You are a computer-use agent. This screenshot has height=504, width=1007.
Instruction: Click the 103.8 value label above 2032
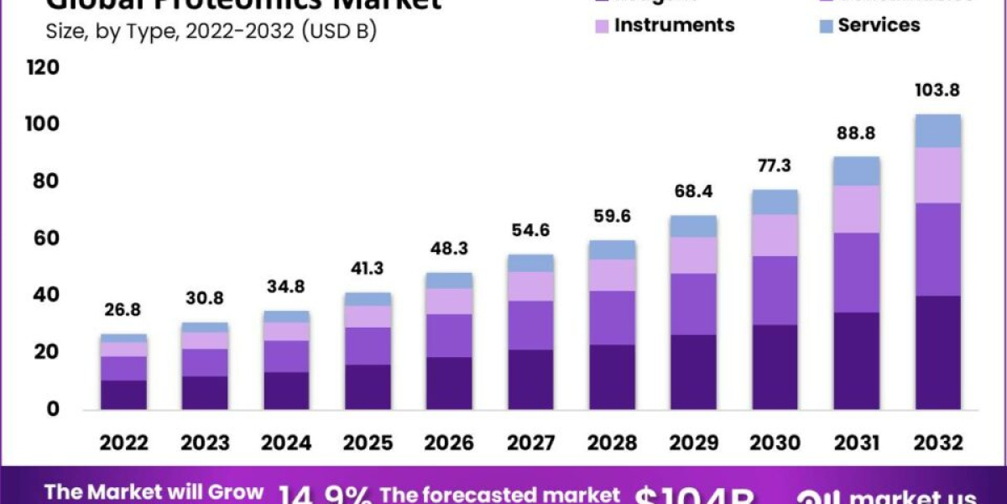pyautogui.click(x=937, y=90)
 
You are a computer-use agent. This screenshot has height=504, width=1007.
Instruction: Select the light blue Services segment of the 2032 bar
pyautogui.click(x=937, y=131)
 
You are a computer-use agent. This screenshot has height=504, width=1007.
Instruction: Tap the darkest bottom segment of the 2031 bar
pyautogui.click(x=857, y=361)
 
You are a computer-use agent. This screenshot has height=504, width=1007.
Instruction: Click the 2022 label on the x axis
pyautogui.click(x=124, y=443)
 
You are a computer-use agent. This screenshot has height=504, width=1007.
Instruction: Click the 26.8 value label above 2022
pyautogui.click(x=124, y=310)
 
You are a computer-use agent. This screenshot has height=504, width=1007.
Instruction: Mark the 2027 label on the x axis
pyautogui.click(x=530, y=443)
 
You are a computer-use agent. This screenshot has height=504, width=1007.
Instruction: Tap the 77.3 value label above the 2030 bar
pyautogui.click(x=775, y=165)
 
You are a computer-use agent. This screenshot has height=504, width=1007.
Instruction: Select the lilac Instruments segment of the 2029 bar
pyautogui.click(x=694, y=255)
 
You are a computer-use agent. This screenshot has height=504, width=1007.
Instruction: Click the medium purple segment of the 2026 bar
pyautogui.click(x=449, y=336)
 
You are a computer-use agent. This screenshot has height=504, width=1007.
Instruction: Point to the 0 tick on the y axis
pyautogui.click(x=53, y=409)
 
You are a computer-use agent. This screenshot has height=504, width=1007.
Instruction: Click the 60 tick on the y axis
pyautogui.click(x=47, y=239)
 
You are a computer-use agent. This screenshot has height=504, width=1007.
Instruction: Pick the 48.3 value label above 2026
pyautogui.click(x=449, y=249)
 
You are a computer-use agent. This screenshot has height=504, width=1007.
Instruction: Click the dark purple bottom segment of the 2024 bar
pyautogui.click(x=287, y=391)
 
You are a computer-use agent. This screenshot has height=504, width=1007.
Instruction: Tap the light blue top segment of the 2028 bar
pyautogui.click(x=613, y=249)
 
